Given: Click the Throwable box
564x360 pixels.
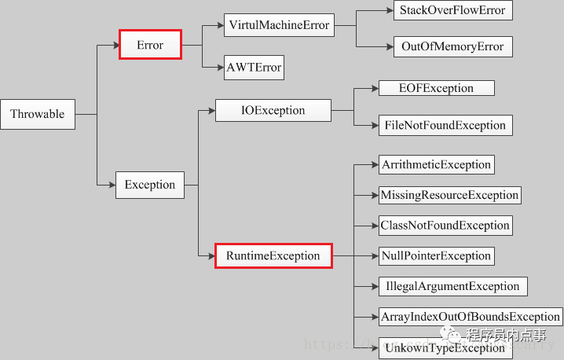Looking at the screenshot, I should [x=38, y=114].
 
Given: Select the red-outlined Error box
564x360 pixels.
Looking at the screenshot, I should [x=150, y=45].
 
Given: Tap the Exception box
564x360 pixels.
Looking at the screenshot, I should [x=150, y=186].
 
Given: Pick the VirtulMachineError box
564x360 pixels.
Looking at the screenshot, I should [x=279, y=25].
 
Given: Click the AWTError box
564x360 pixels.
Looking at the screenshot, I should [x=253, y=68].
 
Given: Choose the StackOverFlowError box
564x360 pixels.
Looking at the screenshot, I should [x=452, y=10].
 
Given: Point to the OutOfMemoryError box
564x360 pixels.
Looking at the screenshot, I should [x=452, y=46].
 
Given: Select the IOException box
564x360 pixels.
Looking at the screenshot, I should [x=273, y=110].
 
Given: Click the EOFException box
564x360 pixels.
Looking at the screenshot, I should [x=436, y=88].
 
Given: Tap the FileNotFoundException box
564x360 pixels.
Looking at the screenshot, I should [x=444, y=125].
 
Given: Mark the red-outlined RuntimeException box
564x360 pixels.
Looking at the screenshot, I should [x=273, y=255].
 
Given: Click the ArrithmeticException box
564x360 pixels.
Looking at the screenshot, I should [x=436, y=165].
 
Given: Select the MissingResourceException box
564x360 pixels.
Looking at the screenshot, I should [x=449, y=195].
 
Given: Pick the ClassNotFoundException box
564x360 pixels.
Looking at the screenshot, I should [x=445, y=226].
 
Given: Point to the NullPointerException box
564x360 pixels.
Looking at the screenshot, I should [x=436, y=255].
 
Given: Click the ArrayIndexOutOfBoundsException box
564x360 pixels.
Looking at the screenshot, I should [x=470, y=317].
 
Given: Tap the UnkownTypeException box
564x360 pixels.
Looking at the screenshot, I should [x=443, y=347].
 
